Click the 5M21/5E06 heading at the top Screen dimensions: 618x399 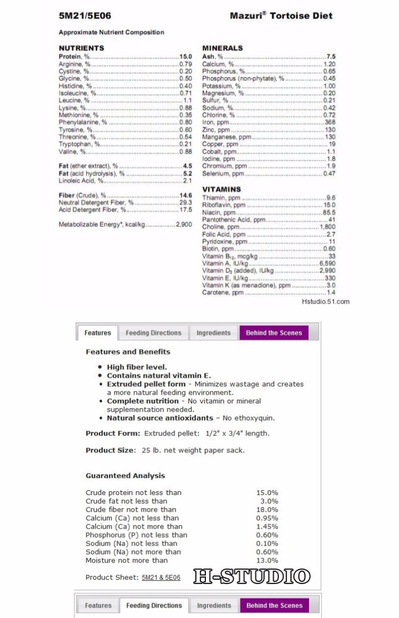coord(85,16)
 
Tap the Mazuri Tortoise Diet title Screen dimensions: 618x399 coord(281,16)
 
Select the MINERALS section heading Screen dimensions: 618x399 coord(222,48)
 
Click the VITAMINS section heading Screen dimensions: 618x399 coord(221,189)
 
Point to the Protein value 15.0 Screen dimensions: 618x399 coord(185,56)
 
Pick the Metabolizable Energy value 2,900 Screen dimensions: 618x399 coord(184,225)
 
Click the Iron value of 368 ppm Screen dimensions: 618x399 coord(330,122)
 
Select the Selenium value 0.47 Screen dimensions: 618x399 coord(329,174)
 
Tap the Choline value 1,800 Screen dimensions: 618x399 coord(327,227)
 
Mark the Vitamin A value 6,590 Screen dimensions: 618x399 coord(327,263)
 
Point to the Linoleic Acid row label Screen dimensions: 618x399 coord(80,181)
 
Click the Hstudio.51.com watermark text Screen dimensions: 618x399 coord(326,302)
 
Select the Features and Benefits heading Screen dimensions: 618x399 coord(128,352)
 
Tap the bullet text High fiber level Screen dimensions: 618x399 coord(137,367)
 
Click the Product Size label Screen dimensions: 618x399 coord(111,450)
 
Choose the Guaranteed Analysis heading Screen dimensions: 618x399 coord(125,476)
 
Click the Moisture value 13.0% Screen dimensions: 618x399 coord(267,561)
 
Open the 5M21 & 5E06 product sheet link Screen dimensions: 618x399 coord(161,578)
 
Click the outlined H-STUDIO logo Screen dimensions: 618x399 coord(252,576)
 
